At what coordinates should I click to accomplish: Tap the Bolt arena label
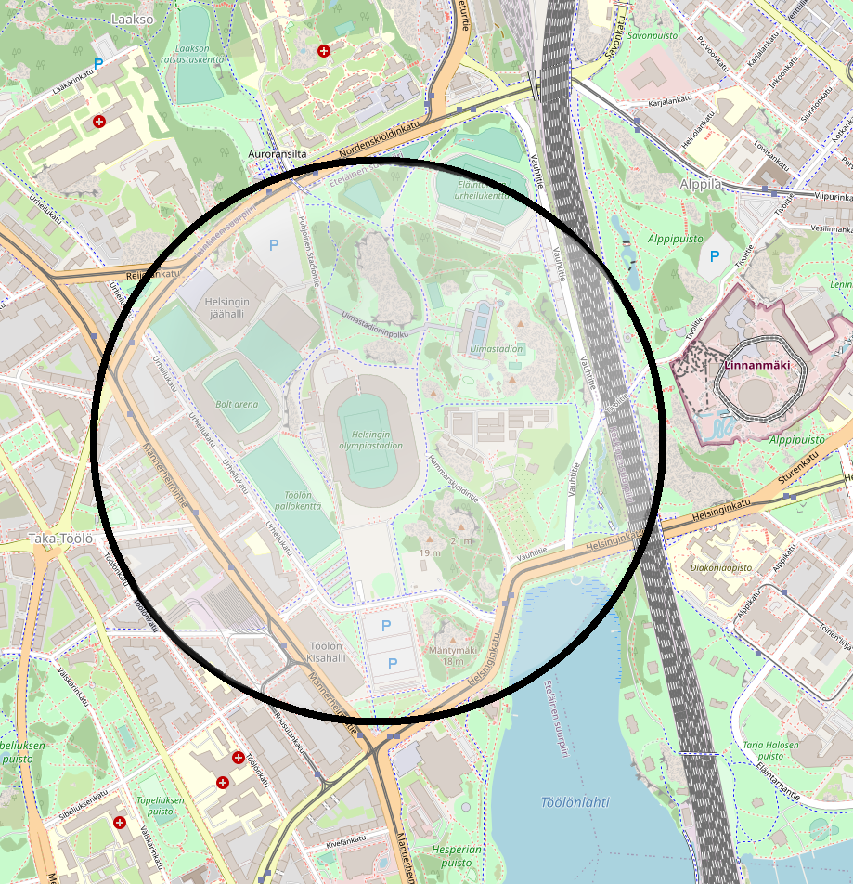(x=236, y=405)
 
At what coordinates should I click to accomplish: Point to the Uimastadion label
(x=497, y=349)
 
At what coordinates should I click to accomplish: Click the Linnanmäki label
(x=757, y=365)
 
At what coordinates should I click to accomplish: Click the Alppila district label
(x=699, y=184)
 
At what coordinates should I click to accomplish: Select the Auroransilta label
(x=278, y=154)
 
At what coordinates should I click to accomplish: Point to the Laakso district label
(x=130, y=18)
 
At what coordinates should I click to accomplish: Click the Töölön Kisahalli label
(x=325, y=652)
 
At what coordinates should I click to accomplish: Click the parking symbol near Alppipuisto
(x=714, y=256)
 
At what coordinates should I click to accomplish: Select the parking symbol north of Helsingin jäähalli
(x=273, y=245)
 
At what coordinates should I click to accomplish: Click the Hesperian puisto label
(x=457, y=855)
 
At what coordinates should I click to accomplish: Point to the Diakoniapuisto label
(x=721, y=565)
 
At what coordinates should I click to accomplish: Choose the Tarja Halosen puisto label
(x=770, y=750)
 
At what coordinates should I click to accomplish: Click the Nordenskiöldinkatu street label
(x=380, y=138)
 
